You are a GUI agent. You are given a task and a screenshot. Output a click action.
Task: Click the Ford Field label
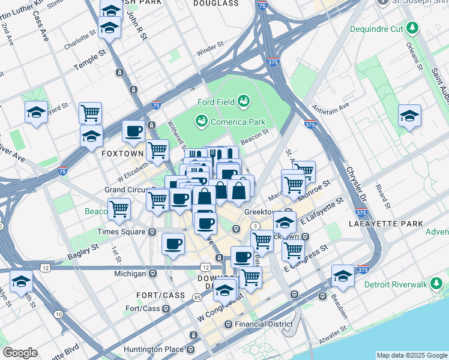pyautogui.click(x=217, y=102)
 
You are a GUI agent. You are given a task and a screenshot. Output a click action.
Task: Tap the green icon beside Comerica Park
pyautogui.click(x=200, y=122)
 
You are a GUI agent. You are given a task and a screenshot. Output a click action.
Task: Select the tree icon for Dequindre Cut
pyautogui.click(x=412, y=28)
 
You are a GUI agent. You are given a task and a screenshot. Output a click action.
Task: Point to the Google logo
pyautogui.click(x=20, y=353)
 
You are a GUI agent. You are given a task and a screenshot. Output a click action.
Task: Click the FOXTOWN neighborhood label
pyautogui.click(x=122, y=154)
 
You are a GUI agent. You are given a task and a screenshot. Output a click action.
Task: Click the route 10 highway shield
pyautogui.click(x=58, y=314)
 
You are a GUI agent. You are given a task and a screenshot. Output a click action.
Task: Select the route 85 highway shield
pyautogui.click(x=197, y=297)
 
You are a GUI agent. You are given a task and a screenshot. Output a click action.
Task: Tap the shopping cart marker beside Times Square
pyautogui.click(x=119, y=209)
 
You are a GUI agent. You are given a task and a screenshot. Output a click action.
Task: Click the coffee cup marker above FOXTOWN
pyautogui.click(x=133, y=131)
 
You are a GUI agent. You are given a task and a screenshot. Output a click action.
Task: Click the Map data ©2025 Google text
pyautogui.click(x=411, y=355)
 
